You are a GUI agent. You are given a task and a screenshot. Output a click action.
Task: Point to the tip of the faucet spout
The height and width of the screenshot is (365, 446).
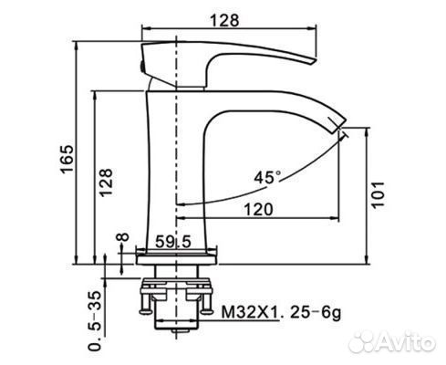(x=342, y=123)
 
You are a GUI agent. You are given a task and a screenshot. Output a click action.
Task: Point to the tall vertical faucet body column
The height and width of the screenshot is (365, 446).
(x=178, y=164)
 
